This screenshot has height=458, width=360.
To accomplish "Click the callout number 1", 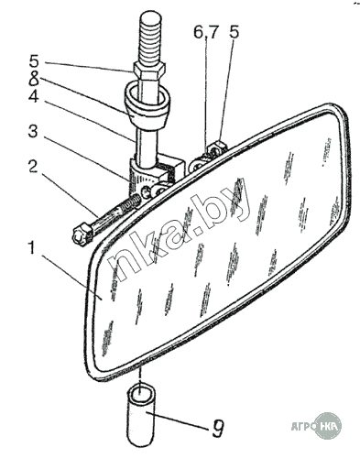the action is point(31,248).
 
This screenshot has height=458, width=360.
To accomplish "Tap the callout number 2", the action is point(33,166).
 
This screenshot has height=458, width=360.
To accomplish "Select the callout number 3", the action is point(33,131).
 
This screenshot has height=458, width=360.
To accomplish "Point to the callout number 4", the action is point(34,96).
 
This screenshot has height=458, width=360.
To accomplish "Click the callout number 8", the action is point(34,79).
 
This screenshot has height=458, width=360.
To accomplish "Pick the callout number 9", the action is point(218,429).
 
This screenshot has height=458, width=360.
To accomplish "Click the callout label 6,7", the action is point(206,33).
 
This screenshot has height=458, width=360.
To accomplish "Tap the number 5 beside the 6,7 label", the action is point(234,32).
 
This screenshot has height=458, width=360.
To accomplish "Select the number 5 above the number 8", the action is point(34,60).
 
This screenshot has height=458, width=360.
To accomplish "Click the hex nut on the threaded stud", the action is point(149,70).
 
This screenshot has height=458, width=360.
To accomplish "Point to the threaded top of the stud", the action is point(149,38).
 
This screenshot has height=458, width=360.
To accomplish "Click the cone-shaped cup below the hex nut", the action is point(147,105).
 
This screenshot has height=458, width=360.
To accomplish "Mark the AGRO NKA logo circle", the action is point(328,426).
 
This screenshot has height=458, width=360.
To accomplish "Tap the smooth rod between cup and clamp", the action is point(147,147).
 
